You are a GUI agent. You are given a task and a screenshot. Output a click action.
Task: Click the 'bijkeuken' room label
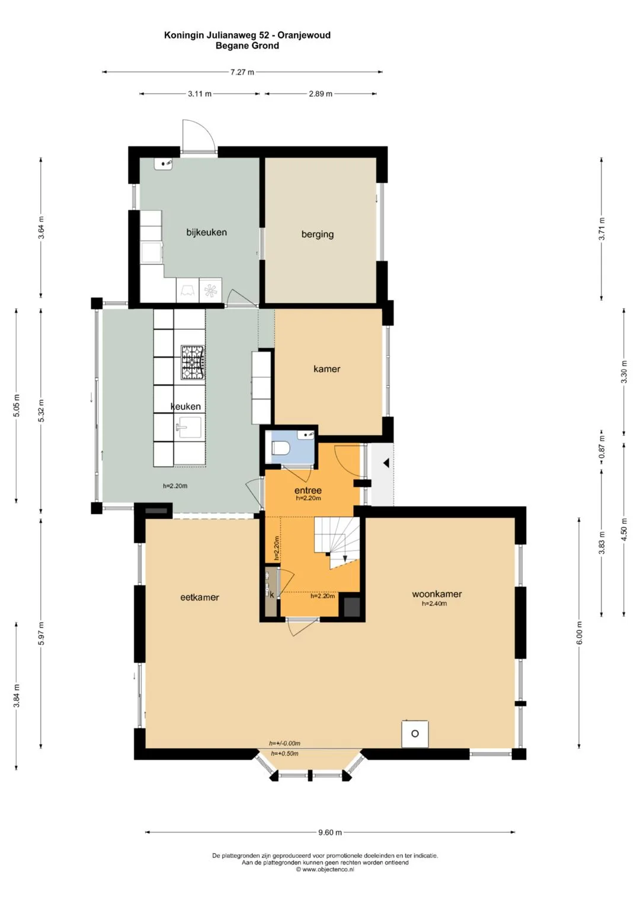[206, 233]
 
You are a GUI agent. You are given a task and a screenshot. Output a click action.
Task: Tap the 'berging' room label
[318, 234]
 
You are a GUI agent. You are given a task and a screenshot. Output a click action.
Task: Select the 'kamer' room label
[327, 369]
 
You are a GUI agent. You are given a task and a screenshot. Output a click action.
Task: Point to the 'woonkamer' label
[437, 594]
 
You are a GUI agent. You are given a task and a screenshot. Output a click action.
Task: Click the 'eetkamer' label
[200, 597]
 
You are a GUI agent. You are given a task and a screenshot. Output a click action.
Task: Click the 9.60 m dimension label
[329, 832]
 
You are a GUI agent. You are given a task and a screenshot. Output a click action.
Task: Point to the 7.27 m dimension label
[242, 72]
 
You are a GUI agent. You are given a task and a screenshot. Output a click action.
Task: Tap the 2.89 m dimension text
[321, 94]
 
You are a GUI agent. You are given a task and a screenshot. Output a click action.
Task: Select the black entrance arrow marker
[386, 463]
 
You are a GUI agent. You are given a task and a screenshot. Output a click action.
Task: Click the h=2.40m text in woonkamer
[434, 604]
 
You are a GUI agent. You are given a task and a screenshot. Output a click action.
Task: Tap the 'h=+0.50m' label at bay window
[284, 754]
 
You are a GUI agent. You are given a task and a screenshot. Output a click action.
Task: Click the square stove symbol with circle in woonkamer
[415, 734]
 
